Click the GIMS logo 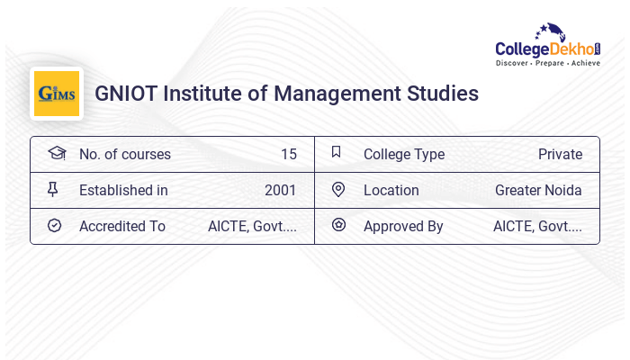tap(57, 94)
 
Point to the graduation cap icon tap(56, 154)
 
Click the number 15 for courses tap(288, 154)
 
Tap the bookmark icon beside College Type tap(337, 153)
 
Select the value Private tap(560, 154)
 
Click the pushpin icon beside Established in tap(53, 190)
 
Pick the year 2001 tap(280, 190)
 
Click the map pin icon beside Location tap(338, 190)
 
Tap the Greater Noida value tap(538, 190)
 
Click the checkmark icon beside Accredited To tap(54, 226)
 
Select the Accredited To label tap(122, 226)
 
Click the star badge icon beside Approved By tap(338, 226)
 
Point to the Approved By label tap(403, 226)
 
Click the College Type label tap(404, 154)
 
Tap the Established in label tap(123, 190)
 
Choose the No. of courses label tap(125, 154)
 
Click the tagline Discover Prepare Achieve tap(547, 64)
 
